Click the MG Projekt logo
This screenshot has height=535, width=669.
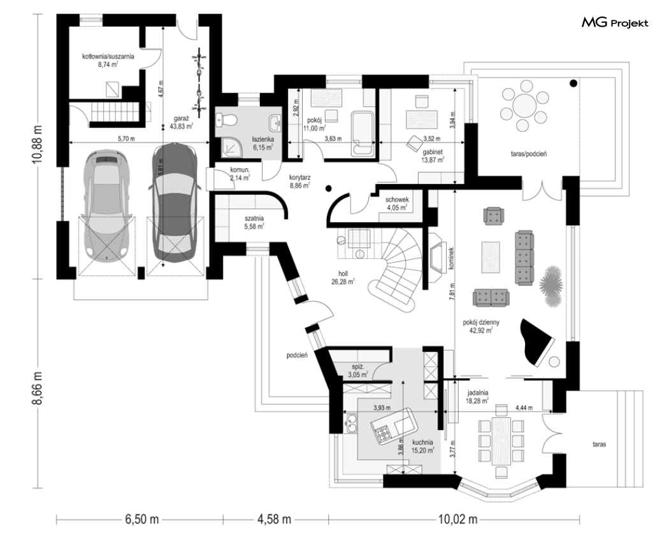click(615, 22)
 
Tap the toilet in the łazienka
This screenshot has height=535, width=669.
click(226, 120)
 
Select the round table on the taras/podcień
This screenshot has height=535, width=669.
click(524, 104)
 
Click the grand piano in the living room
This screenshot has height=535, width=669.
click(538, 341)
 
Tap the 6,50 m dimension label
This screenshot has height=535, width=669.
click(142, 520)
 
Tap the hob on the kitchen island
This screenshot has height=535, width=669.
click(382, 433)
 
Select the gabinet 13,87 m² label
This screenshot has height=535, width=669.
click(433, 156)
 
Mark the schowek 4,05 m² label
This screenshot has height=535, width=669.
click(397, 204)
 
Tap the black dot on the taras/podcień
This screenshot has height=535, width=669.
click(574, 83)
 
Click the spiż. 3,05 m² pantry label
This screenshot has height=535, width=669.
click(357, 371)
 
